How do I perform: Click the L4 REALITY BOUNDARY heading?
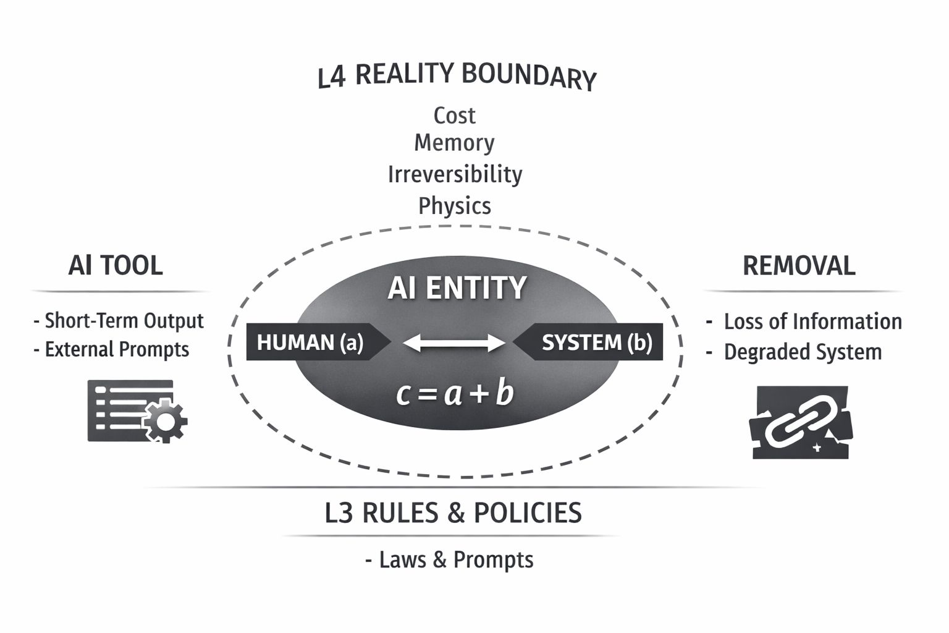[x=457, y=76]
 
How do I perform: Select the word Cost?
[x=454, y=116]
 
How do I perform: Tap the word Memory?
[x=454, y=143]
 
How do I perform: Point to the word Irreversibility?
[x=455, y=174]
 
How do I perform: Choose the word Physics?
[x=455, y=206]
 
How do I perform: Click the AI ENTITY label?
[x=457, y=288]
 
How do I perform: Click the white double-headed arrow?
[x=454, y=342]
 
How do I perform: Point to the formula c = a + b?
[x=455, y=394]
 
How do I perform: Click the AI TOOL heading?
[x=116, y=265]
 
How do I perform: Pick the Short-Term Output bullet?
[x=119, y=321]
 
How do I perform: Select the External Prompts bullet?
[x=112, y=349]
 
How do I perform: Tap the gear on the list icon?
[x=165, y=421]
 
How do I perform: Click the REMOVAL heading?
[x=799, y=266]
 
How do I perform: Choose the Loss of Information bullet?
[x=805, y=321]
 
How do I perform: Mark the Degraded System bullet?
[x=795, y=352]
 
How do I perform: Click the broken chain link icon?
[x=801, y=423]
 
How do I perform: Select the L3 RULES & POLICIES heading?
[x=453, y=513]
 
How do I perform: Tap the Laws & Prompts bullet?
[x=450, y=559]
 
